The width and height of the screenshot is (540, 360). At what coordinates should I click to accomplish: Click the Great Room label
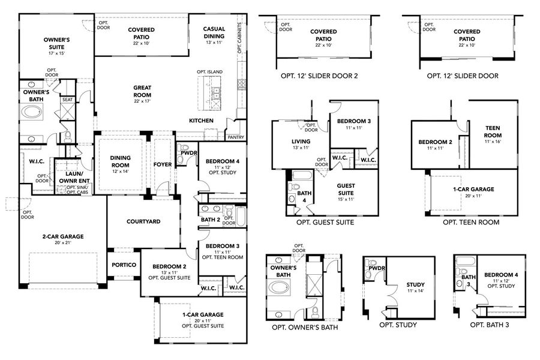click(142, 91)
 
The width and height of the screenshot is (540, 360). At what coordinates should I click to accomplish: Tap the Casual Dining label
click(214, 32)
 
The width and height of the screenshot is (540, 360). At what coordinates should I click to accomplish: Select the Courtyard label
click(143, 221)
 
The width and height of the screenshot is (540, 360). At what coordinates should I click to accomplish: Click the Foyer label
click(163, 164)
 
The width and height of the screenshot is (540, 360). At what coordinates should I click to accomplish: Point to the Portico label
click(124, 265)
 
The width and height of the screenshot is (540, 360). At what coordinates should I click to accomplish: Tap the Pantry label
click(236, 136)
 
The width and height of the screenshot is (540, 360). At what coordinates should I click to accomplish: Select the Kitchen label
click(202, 121)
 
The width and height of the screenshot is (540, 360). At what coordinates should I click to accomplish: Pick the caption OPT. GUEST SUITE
click(325, 222)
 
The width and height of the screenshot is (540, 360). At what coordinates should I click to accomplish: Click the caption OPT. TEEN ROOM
click(471, 222)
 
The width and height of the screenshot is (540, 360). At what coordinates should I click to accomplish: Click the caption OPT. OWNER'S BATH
click(304, 328)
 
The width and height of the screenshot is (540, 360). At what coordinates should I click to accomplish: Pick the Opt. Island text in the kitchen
click(209, 72)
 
